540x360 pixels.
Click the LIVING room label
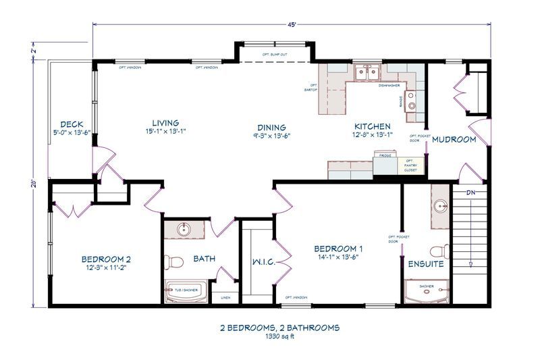pyautogui.click(x=165, y=122)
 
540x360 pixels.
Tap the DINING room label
pyautogui.click(x=271, y=127)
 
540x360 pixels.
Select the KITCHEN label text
pyautogui.click(x=373, y=126)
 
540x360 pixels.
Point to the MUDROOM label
pyautogui.click(x=454, y=140)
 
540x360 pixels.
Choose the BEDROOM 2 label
pyautogui.click(x=105, y=259)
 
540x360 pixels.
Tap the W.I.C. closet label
pyautogui.click(x=263, y=261)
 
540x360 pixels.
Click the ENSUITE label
pyautogui.click(x=425, y=264)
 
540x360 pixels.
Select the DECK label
pyautogui.click(x=72, y=124)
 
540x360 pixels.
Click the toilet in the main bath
pyautogui.click(x=175, y=261)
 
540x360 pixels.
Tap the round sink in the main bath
pyautogui.click(x=183, y=230)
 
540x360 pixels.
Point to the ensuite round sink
pyautogui.click(x=441, y=206)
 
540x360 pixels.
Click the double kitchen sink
pyautogui.click(x=367, y=72)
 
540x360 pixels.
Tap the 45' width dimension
pyautogui.click(x=292, y=24)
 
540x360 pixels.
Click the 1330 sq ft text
pyautogui.click(x=279, y=337)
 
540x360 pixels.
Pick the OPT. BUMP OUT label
pyautogui.click(x=275, y=54)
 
